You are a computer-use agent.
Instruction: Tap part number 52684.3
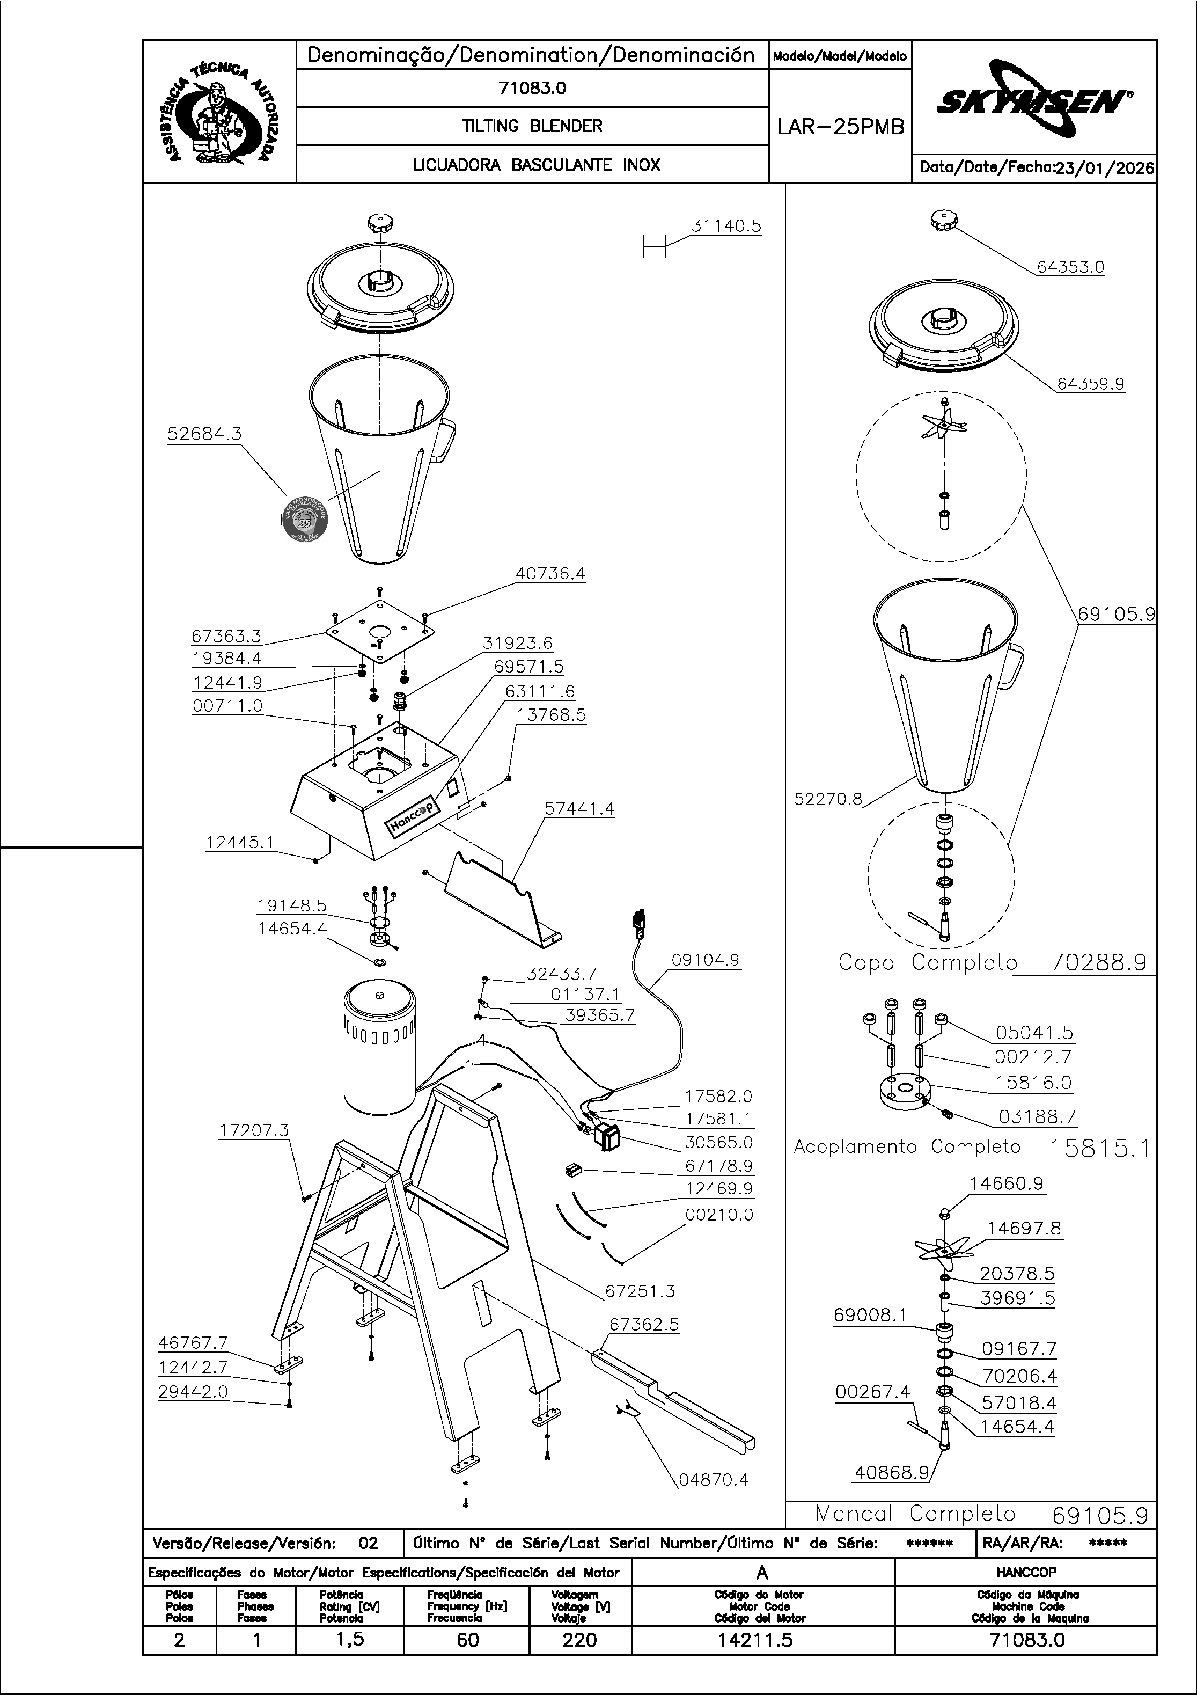pos(204,434)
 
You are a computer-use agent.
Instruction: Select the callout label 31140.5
pos(726,226)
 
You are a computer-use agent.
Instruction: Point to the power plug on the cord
pos(636,923)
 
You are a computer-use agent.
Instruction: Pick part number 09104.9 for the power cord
pos(705,960)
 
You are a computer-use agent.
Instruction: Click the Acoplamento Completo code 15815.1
pos(1099,1148)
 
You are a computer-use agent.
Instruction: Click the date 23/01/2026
pos(1104,169)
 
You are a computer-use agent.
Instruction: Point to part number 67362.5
pos(643,1325)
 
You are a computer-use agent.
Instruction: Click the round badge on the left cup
pos(305,517)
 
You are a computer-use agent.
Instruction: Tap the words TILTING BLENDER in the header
pos(532,126)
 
